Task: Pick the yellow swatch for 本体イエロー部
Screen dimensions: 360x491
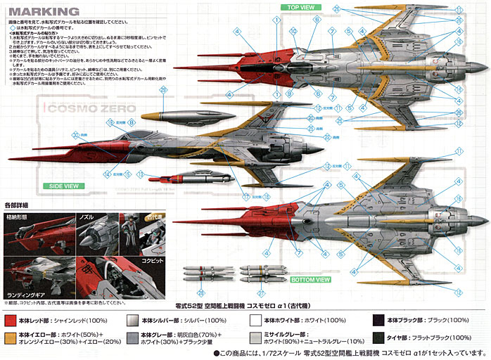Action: point(8,339)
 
